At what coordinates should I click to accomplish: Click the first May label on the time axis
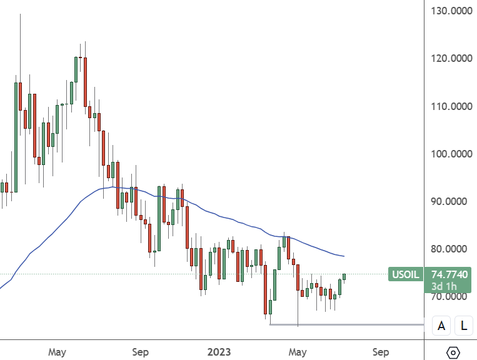(57, 352)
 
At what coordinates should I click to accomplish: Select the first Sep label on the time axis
(141, 352)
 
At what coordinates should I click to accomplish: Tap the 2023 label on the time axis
(219, 352)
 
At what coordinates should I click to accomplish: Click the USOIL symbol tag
(405, 274)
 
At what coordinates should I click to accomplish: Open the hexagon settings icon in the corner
(454, 352)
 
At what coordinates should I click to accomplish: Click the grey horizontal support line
(350, 324)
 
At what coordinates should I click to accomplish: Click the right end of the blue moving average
(343, 256)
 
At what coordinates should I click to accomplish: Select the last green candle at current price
(344, 277)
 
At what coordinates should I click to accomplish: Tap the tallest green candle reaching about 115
(16, 131)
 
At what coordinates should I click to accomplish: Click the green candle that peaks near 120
(76, 69)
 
